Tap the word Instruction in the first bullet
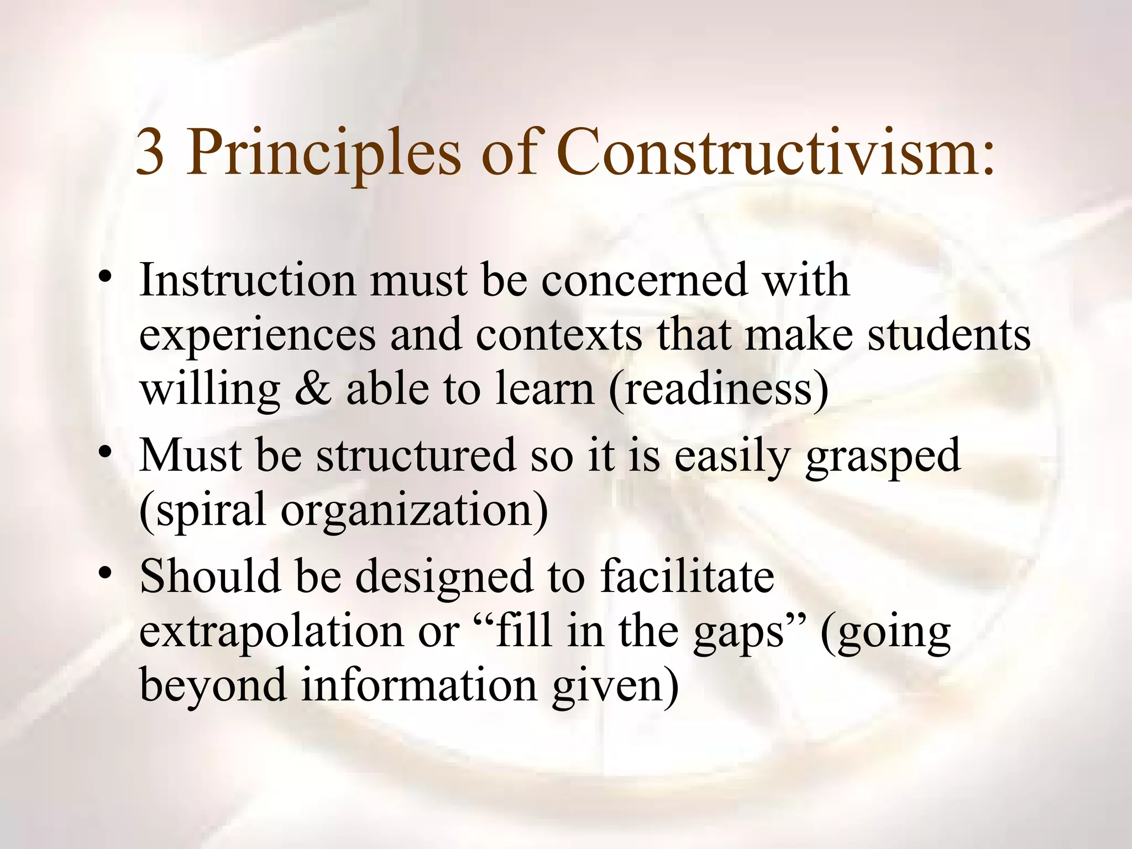coord(247,280)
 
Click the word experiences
coord(257,336)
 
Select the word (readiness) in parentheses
coord(719,389)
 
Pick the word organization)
coord(415,511)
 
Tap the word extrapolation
coord(271,631)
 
